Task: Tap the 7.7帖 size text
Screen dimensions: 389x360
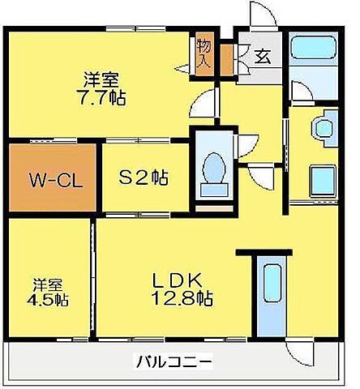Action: [x=102, y=96]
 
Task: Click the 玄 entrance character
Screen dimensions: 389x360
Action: [x=262, y=56]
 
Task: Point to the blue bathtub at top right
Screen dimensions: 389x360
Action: [x=313, y=64]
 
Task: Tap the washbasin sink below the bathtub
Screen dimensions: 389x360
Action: [x=324, y=128]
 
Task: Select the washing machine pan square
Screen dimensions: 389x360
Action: [x=324, y=180]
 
